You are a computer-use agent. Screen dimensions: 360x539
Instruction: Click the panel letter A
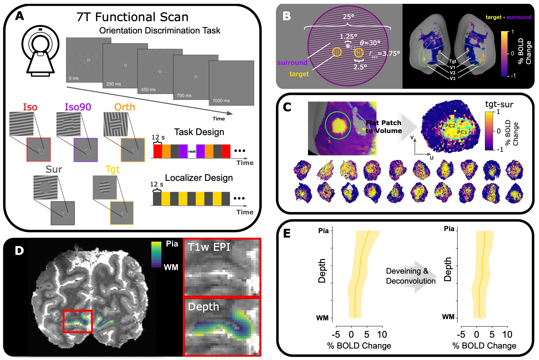(20, 16)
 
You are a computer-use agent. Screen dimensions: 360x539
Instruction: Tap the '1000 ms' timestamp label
(221, 101)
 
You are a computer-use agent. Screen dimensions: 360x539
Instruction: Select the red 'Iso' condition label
(30, 107)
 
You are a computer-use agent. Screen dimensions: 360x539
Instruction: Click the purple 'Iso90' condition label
(78, 107)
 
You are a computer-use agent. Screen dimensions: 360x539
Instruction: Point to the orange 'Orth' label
(125, 107)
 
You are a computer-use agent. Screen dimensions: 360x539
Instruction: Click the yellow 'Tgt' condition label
(113, 169)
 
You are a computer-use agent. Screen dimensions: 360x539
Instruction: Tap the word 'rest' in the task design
(192, 152)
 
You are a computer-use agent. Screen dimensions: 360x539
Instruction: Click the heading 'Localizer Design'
(199, 178)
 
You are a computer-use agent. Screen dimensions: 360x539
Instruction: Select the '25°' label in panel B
(348, 17)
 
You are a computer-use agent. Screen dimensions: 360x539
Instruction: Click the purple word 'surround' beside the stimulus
(292, 63)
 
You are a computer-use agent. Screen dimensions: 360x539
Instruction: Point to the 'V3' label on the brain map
(452, 78)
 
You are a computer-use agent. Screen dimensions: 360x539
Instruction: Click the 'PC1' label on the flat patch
(462, 132)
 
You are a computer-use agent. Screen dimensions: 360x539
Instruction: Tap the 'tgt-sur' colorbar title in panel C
(499, 104)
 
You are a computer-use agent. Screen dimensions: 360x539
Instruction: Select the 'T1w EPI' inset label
(209, 247)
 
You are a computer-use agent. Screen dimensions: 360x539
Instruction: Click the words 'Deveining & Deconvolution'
(410, 276)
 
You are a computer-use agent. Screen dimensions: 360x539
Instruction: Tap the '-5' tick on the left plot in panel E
(336, 334)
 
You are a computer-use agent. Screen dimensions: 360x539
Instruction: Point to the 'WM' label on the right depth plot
(448, 317)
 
